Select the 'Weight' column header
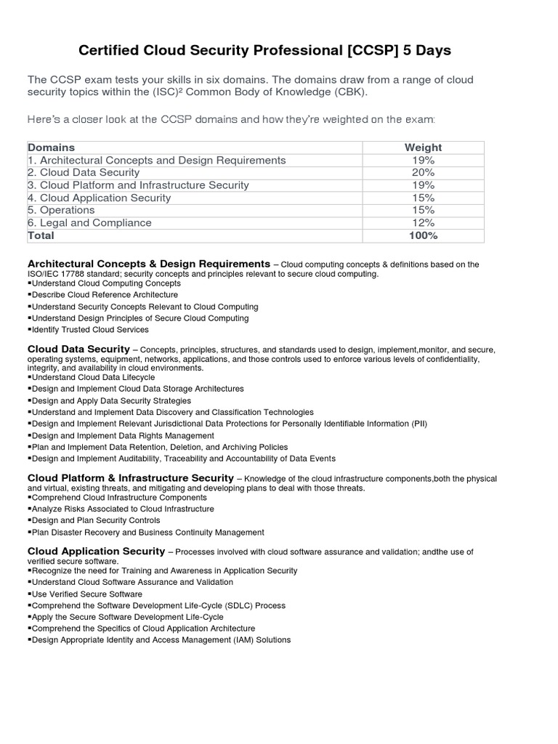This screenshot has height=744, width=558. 422,147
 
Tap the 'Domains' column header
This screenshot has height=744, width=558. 51,147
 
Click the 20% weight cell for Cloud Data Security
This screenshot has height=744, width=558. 422,172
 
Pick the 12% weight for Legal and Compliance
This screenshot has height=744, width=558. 422,222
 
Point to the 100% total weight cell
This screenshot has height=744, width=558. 422,235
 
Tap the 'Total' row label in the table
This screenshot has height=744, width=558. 41,235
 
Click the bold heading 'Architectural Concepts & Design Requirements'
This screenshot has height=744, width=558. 148,263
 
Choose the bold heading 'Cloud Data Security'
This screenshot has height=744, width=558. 78,349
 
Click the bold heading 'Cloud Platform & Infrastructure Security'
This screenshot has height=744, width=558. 130,478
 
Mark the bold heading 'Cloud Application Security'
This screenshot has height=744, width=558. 96,551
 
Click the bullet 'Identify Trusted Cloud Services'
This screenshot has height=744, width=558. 91,330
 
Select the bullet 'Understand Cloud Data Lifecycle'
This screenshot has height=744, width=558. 92,378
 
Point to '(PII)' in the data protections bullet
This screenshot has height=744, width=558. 419,424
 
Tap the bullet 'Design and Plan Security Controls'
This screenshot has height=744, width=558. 95,521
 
